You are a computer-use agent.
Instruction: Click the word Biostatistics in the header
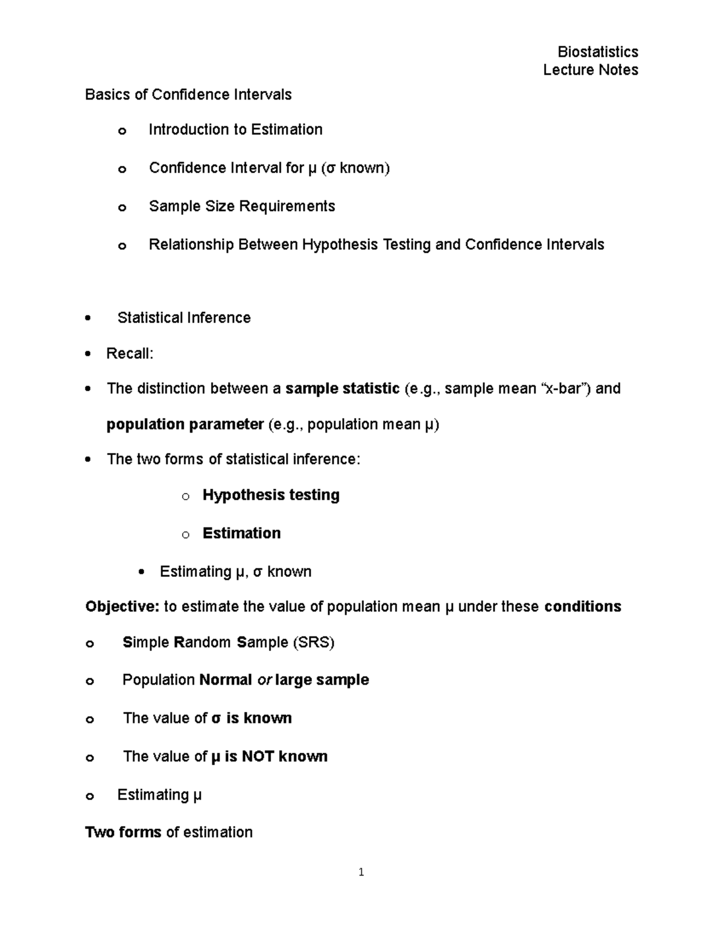tap(597, 52)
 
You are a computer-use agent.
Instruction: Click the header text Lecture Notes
tap(590, 70)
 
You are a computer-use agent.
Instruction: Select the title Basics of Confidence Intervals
tap(188, 95)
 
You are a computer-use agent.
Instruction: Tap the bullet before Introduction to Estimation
tap(122, 131)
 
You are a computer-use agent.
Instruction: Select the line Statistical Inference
tap(184, 318)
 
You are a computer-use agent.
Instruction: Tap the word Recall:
tap(130, 354)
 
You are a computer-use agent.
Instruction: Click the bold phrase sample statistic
tap(342, 389)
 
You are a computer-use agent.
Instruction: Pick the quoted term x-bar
tap(564, 389)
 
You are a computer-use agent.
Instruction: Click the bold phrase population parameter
tap(185, 425)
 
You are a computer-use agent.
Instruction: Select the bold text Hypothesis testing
tap(271, 495)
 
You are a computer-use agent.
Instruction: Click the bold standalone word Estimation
tap(241, 533)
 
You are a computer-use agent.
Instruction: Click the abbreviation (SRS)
tap(313, 643)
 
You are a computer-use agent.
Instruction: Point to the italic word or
tap(264, 680)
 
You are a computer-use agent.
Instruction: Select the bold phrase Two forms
tap(123, 833)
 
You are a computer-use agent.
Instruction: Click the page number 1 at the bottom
tap(361, 872)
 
